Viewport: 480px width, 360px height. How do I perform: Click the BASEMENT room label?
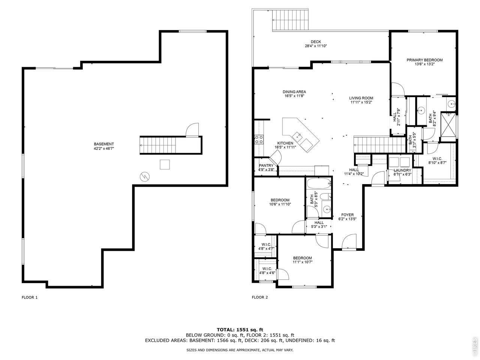pos(103,144)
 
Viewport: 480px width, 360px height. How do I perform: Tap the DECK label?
pos(316,42)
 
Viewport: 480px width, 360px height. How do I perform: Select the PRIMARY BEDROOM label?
pos(424,60)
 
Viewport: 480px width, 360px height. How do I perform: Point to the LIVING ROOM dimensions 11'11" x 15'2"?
pos(361,102)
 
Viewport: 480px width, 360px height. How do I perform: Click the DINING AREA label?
pos(294,92)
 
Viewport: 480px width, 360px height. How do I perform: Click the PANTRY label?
pos(266,165)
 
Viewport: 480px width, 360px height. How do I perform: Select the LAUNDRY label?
pos(402,170)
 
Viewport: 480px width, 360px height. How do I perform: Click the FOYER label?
pos(347,215)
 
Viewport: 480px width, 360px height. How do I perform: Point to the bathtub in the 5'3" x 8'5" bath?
pos(319,184)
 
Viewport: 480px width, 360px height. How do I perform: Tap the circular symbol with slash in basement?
pos(144,177)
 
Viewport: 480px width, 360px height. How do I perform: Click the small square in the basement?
pos(165,164)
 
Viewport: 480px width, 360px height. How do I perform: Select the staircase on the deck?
pos(290,20)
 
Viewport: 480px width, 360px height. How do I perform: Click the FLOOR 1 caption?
pos(30,297)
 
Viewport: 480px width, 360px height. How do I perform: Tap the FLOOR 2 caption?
pos(259,297)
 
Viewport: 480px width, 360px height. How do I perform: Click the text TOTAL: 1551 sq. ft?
pos(240,330)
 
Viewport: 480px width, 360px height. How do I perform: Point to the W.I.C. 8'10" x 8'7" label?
pos(437,160)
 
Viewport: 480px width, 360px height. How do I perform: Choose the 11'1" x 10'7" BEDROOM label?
pos(302,260)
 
